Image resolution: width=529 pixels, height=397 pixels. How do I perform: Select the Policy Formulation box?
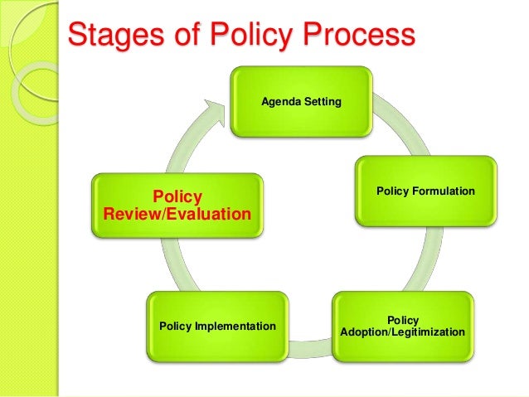click(425, 191)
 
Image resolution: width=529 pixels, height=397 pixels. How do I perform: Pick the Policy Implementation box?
click(217, 327)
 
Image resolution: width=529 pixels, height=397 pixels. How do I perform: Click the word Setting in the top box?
click(321, 102)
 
